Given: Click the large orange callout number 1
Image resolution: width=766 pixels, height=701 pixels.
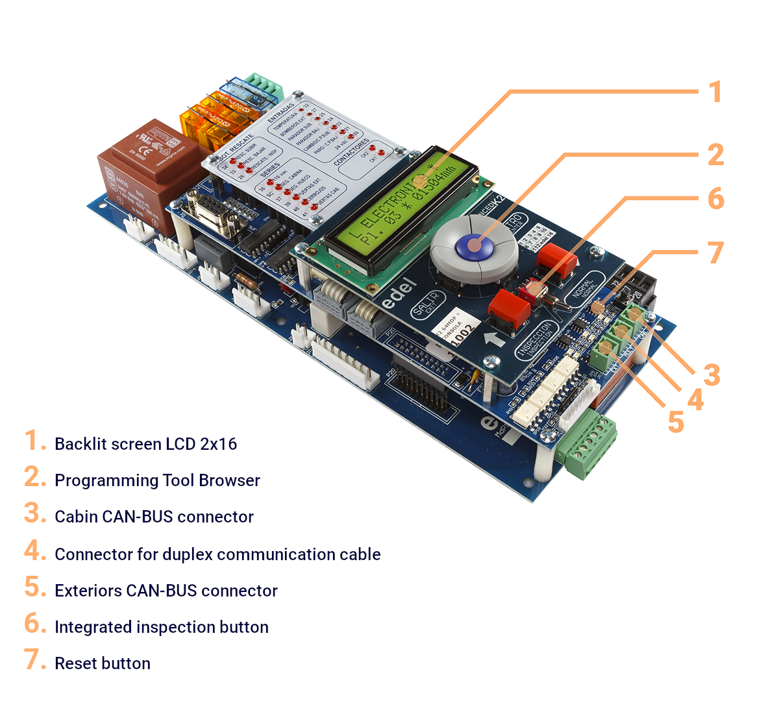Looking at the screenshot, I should point(715,92).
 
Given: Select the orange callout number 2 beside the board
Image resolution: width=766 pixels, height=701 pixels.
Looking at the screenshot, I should point(715,154).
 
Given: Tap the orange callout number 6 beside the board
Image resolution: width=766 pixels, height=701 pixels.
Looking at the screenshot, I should point(715,199).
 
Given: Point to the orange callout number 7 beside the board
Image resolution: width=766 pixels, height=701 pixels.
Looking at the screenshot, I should point(715,252).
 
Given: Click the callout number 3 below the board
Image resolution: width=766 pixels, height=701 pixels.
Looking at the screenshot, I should point(712,375).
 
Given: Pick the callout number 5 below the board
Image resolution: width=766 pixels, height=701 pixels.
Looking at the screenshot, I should point(676,422).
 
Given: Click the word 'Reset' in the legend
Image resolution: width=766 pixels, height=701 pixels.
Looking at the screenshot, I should point(74,663).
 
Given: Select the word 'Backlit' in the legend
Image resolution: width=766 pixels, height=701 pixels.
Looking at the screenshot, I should point(75,444).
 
